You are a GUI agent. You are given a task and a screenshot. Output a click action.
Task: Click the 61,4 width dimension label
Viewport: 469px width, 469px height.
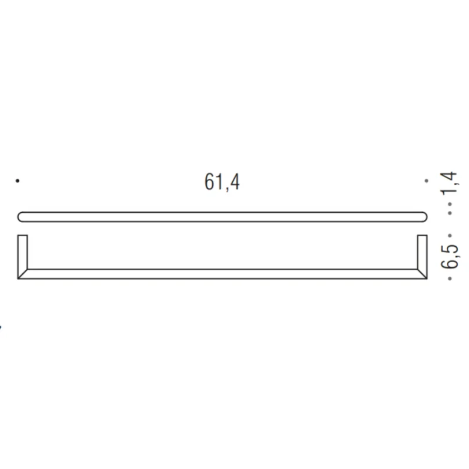(222, 182)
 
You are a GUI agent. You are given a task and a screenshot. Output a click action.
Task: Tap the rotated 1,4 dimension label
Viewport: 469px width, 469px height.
(450, 183)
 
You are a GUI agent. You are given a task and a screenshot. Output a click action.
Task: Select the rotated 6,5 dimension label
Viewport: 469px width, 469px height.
(450, 256)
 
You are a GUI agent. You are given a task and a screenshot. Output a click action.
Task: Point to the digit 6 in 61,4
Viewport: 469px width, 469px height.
(209, 182)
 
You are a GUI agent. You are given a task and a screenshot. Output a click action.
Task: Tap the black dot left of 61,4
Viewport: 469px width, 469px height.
(18, 181)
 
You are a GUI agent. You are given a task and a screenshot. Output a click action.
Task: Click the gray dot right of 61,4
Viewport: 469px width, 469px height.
(426, 181)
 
